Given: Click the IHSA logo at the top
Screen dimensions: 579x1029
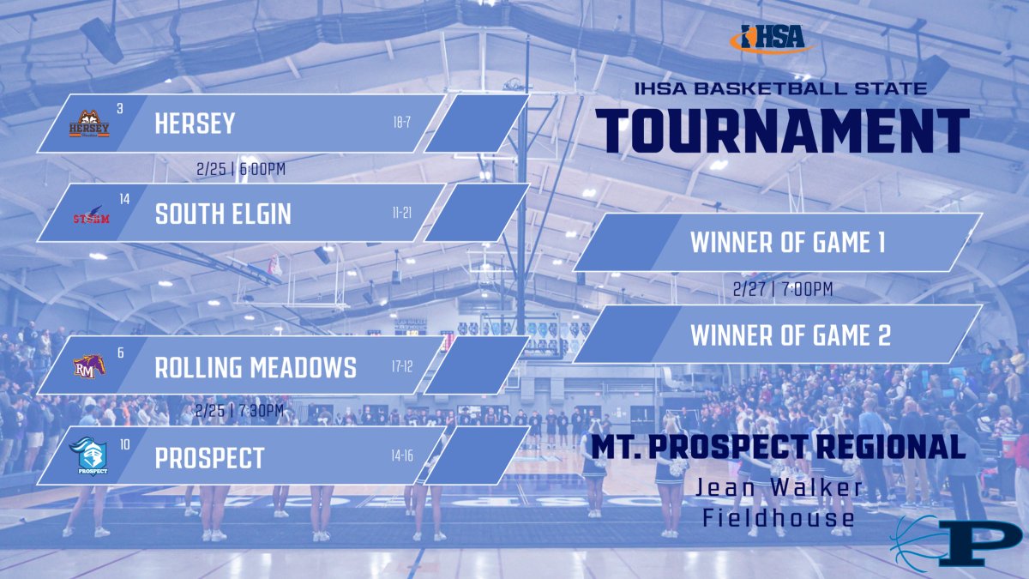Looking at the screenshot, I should (768, 38).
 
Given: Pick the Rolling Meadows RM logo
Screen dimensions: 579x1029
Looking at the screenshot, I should (89, 367).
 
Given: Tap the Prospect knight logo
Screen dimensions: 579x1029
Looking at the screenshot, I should (89, 457).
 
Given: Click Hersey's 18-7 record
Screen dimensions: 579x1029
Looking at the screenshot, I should (402, 123).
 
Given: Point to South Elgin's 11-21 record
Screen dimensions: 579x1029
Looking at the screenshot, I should (402, 212).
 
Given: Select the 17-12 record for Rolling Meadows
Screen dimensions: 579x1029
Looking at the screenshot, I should (402, 366).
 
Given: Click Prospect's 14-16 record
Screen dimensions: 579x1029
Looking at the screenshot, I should (402, 455).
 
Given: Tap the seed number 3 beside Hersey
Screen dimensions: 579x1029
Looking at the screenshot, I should (120, 108).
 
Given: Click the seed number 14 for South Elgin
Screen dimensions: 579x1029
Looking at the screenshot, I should (124, 199).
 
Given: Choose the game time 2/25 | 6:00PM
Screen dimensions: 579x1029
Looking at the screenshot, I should (240, 169).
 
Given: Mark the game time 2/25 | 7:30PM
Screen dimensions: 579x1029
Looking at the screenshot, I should (240, 411).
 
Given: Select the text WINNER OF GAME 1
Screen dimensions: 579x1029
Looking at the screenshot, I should (787, 244).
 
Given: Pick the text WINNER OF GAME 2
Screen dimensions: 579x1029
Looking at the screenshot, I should (790, 335).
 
